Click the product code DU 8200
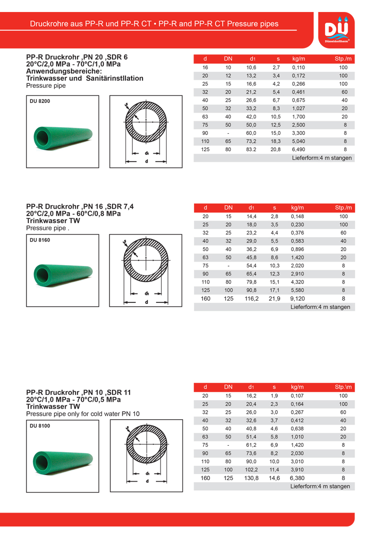tap(40, 101)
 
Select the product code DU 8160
tap(40, 240)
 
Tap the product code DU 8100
tap(40, 426)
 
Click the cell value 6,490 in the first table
tap(298, 149)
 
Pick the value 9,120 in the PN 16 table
tap(298, 298)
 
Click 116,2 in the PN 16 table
tap(251, 298)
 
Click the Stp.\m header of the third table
tap(343, 387)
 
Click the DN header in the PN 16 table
tap(228, 208)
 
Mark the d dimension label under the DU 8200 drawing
tap(146, 162)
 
